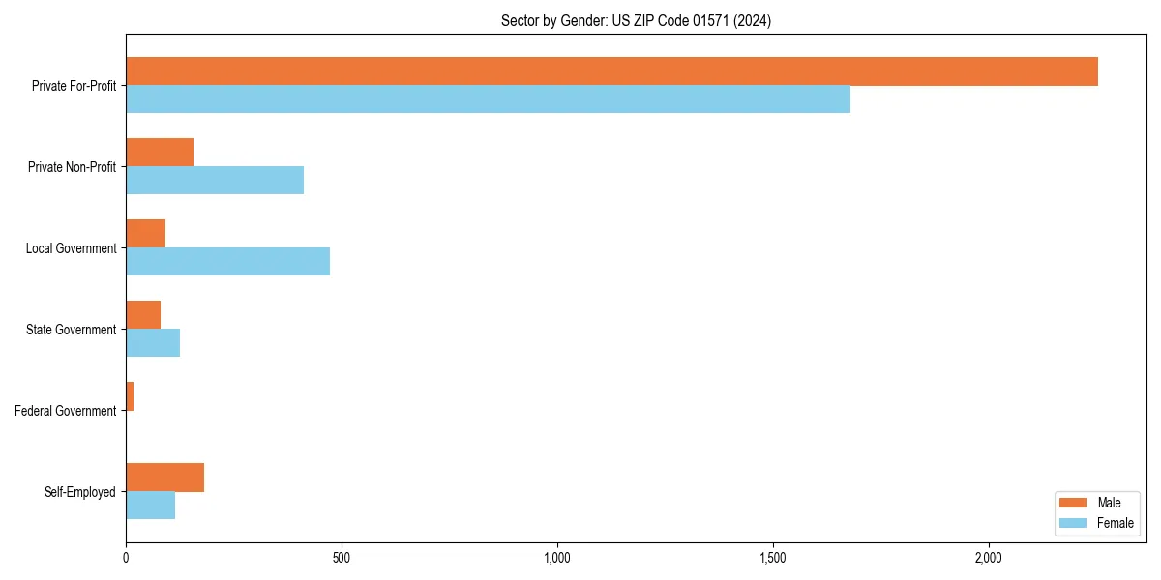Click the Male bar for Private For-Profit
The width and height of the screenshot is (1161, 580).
(611, 72)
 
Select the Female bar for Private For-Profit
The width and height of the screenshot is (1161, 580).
(488, 100)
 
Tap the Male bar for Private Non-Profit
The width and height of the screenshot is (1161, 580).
(160, 153)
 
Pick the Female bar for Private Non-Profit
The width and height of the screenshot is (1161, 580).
(215, 181)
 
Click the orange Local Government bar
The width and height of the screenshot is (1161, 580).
(145, 234)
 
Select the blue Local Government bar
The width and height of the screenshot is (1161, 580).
(227, 262)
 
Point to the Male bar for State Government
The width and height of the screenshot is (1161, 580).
(143, 315)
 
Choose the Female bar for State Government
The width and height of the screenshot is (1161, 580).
(153, 343)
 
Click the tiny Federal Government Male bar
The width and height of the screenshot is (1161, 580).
(130, 396)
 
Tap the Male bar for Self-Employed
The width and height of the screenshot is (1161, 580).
(164, 478)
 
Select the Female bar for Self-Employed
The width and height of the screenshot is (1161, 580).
(150, 506)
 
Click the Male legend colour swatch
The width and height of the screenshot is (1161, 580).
(1074, 503)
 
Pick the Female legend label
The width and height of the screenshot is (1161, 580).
(1116, 523)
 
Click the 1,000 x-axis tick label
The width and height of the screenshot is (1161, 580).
(557, 558)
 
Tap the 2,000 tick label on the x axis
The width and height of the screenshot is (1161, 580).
(988, 558)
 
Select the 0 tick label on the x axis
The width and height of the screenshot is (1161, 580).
(126, 558)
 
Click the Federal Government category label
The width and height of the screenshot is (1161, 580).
(66, 411)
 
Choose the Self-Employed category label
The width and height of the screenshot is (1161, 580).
(80, 492)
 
